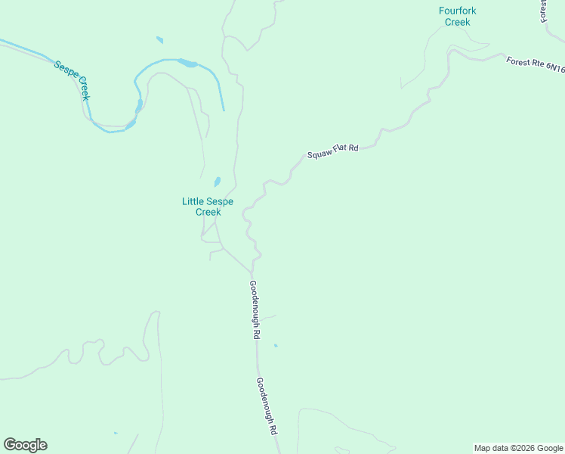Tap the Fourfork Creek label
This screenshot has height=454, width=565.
click(x=458, y=16)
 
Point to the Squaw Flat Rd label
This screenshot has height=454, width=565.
click(x=332, y=151)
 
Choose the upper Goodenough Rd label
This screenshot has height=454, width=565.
click(x=255, y=309)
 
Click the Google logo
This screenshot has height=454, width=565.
click(x=25, y=445)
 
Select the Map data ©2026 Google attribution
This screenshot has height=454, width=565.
click(x=519, y=448)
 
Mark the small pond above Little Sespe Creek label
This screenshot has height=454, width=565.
click(x=217, y=182)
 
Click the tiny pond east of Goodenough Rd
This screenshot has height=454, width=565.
click(x=276, y=346)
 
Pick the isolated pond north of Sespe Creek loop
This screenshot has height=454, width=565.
click(x=159, y=40)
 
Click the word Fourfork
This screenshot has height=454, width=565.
click(x=458, y=11)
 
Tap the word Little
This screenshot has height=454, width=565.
click(x=193, y=201)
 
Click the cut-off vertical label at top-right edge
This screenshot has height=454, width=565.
click(x=543, y=11)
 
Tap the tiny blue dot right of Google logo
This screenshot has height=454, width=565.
click(x=115, y=434)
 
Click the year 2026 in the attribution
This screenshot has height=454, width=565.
click(x=524, y=448)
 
